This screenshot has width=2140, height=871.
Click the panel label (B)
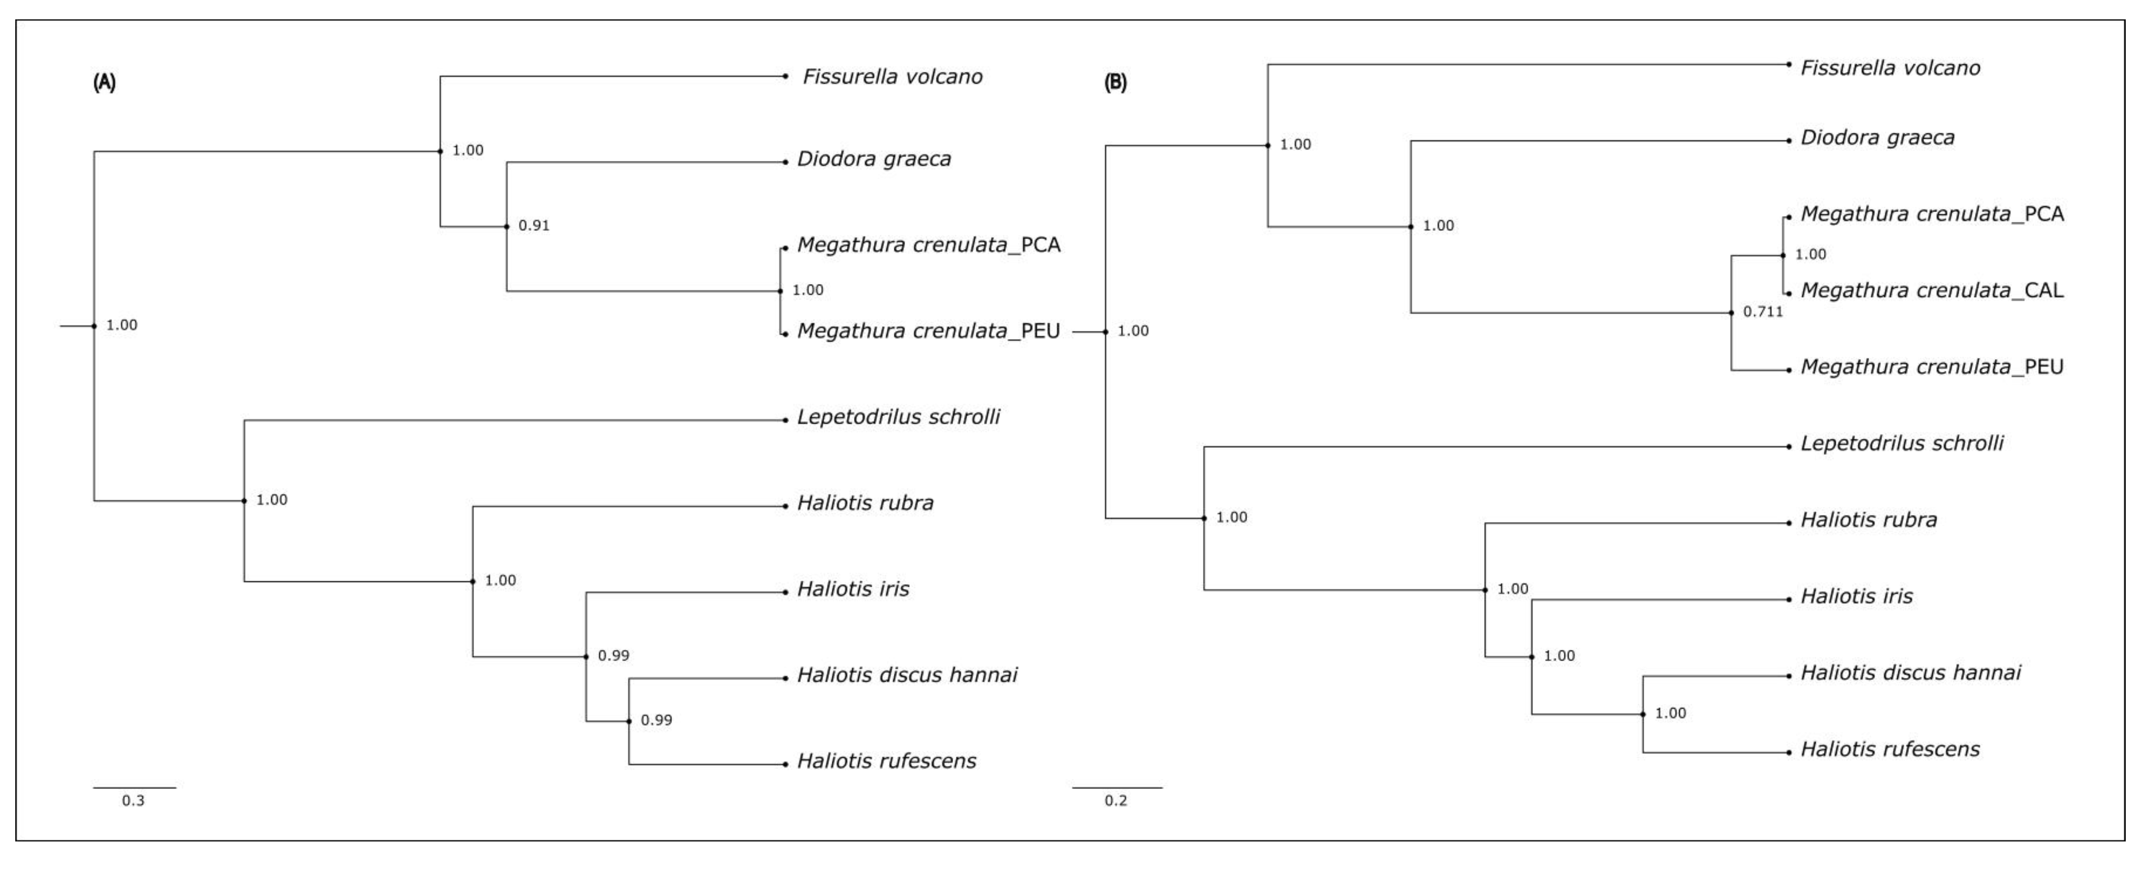click(x=1115, y=83)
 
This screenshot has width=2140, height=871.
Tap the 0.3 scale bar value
click(x=133, y=800)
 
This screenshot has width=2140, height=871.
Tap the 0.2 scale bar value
click(x=1116, y=800)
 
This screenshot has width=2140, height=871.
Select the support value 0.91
click(x=533, y=225)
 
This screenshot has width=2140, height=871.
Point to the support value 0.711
click(x=1763, y=312)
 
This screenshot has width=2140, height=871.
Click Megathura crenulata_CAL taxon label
click(x=1931, y=290)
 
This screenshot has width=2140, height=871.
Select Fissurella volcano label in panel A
click(x=892, y=76)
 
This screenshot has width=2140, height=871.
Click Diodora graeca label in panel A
click(x=874, y=159)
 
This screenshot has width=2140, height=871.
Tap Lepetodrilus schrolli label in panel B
click(x=1902, y=443)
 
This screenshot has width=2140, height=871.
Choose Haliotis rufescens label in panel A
click(x=886, y=760)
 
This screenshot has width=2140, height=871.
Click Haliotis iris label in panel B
click(x=1856, y=596)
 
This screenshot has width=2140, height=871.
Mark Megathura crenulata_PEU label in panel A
click(x=928, y=331)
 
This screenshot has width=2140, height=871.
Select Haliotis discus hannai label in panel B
click(x=1910, y=672)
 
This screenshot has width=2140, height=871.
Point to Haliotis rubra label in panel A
click(x=865, y=503)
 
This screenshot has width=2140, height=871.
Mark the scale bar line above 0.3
click(x=134, y=786)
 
